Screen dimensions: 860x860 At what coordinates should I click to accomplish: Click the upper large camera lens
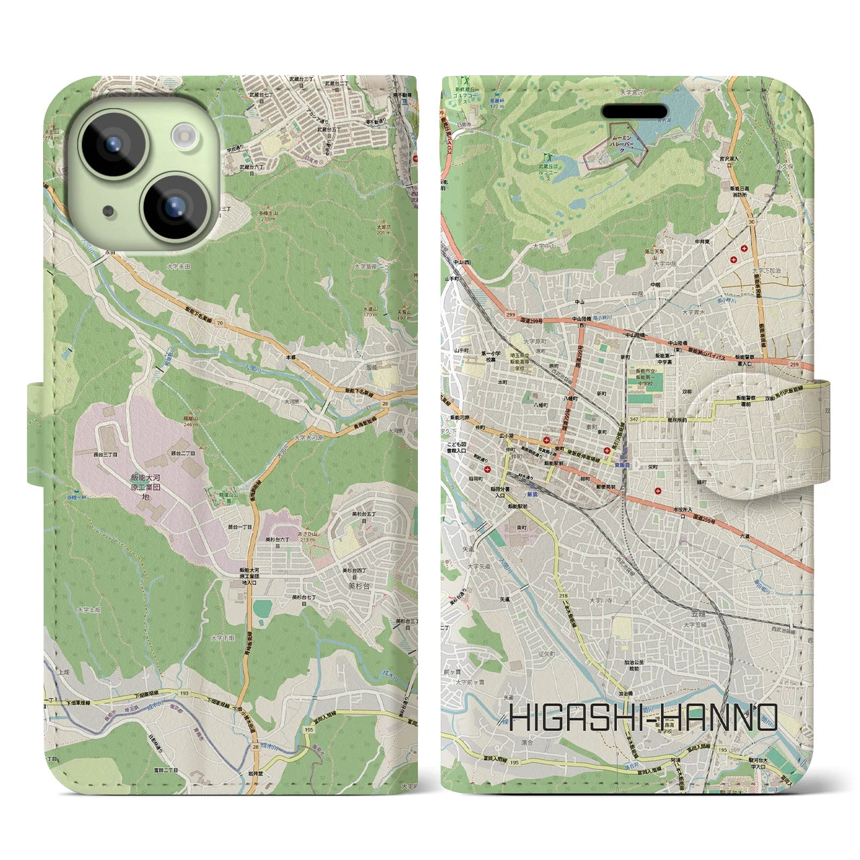[x=112, y=143]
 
